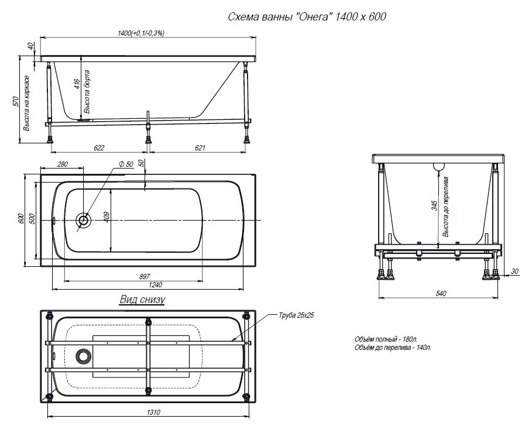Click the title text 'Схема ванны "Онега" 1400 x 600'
point(307,17)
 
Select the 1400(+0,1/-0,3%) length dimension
point(141,33)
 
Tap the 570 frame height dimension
point(15,101)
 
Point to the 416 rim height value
point(77,84)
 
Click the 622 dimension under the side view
point(99,148)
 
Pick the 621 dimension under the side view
point(200,148)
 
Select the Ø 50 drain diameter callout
point(126,164)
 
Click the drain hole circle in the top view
point(83,220)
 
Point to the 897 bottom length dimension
point(145,277)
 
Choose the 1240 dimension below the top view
point(156,285)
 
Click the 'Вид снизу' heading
point(142,300)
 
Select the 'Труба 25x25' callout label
point(296,315)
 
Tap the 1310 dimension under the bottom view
point(153,413)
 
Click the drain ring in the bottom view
point(84,356)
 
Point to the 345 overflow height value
point(435,205)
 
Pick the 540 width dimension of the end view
point(441,293)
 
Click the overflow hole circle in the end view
point(439,166)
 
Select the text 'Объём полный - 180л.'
point(386,339)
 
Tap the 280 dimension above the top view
point(63,164)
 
